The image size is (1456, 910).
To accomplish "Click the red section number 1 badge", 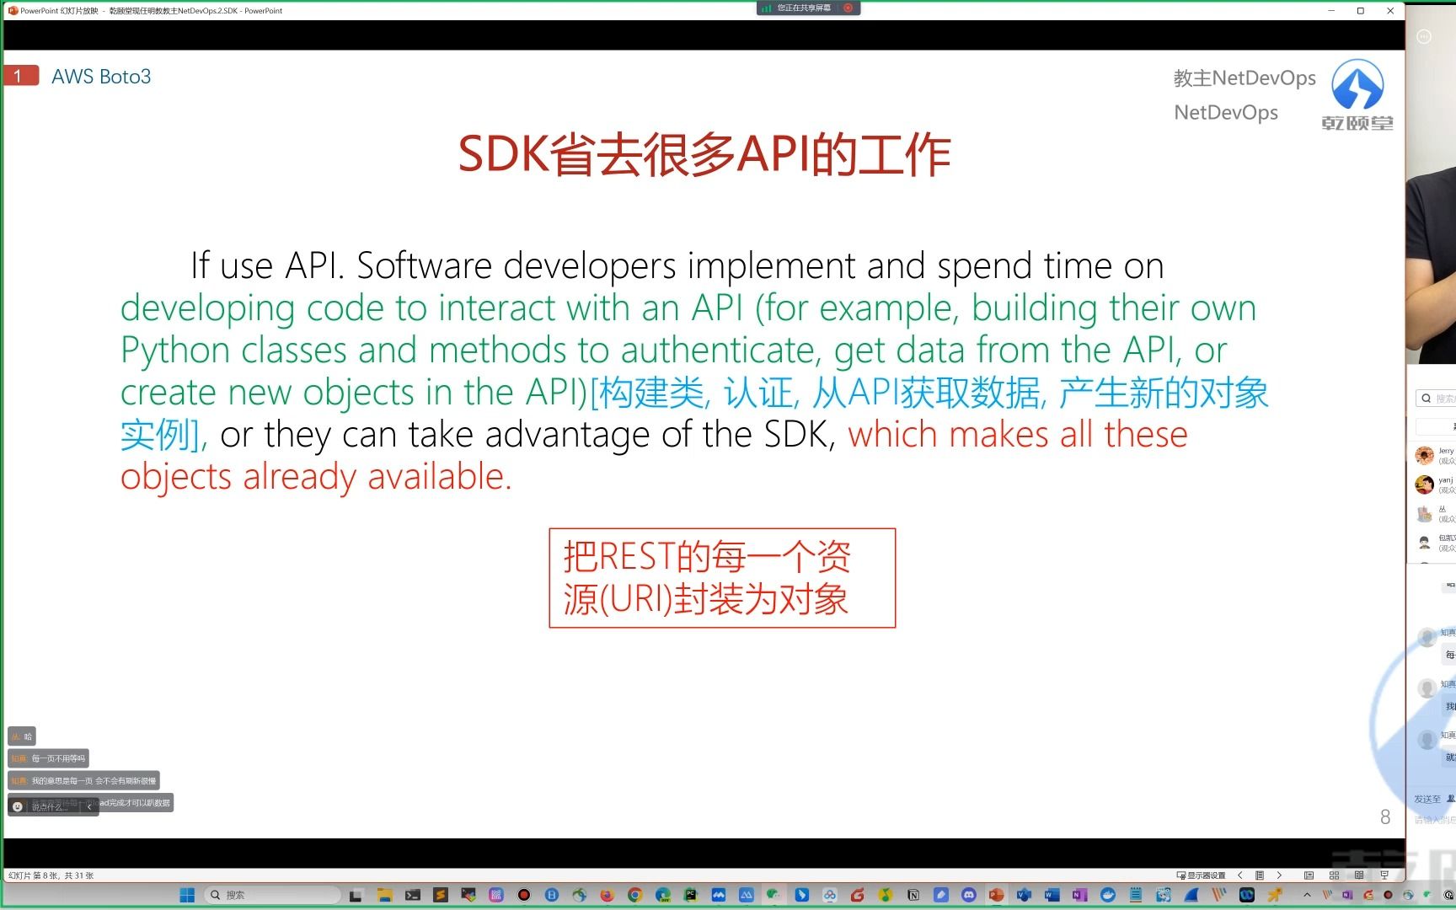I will [20, 76].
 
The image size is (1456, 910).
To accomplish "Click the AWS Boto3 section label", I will [101, 77].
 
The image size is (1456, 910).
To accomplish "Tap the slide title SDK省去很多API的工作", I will [704, 155].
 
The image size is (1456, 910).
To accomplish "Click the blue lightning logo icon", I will [1357, 85].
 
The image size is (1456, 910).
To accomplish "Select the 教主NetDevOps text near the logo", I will [1244, 78].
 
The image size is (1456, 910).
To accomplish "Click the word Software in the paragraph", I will [424, 266].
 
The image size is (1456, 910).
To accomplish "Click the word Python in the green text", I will [174, 351].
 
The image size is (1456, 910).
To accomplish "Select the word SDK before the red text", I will [798, 435].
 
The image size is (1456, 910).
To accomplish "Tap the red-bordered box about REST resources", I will [721, 578].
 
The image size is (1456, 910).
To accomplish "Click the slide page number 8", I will [1384, 816].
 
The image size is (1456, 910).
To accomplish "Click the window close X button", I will [1390, 11].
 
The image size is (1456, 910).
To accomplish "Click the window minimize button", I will [1331, 11].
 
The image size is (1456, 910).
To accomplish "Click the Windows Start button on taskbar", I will [187, 895].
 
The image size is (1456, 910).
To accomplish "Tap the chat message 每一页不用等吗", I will [57, 758].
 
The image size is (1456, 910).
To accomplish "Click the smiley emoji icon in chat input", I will [18, 806].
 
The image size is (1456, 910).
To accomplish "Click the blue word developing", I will [207, 308].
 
